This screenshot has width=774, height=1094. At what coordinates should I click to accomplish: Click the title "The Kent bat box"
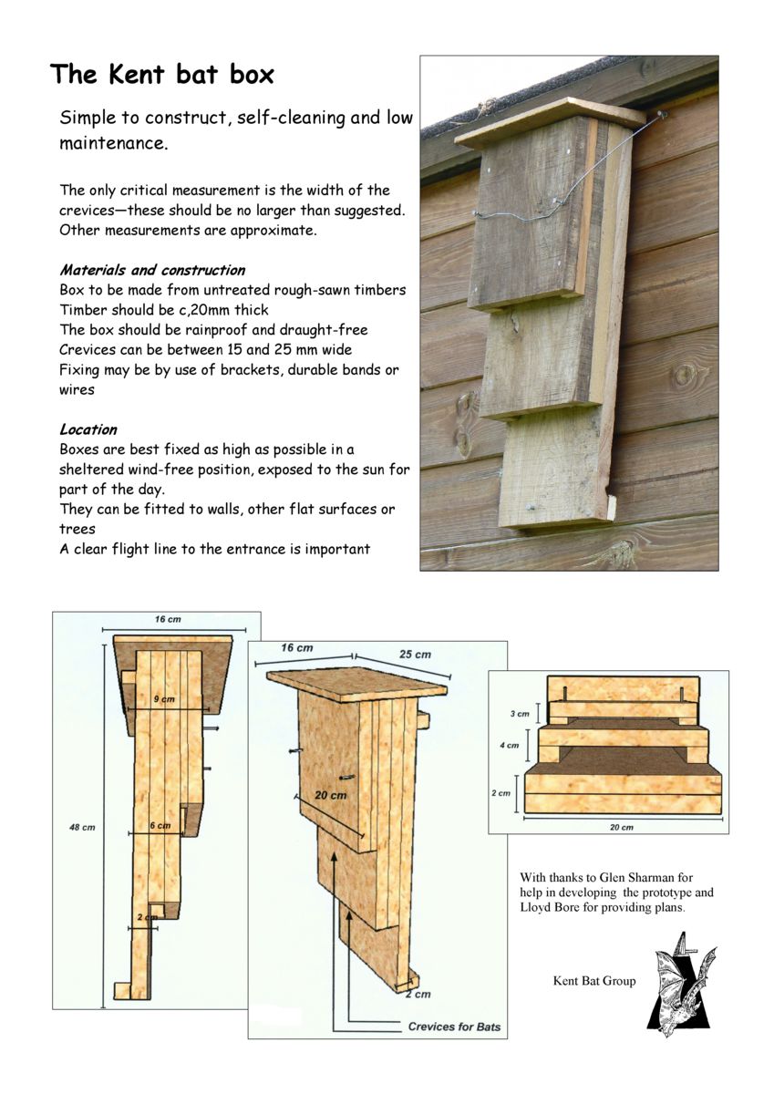point(161,74)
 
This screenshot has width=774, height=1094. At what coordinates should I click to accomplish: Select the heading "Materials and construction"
point(152,270)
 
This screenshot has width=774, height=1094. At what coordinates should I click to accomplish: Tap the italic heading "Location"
point(88,428)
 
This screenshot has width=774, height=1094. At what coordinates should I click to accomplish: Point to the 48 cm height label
point(81,827)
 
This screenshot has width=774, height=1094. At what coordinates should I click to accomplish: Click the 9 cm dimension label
point(164,698)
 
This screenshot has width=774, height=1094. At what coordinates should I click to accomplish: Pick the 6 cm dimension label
point(160,825)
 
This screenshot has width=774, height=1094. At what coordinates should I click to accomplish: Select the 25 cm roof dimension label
point(415,655)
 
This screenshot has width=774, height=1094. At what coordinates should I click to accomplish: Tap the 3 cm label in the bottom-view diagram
point(519,714)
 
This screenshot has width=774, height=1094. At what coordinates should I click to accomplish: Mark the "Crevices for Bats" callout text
point(453,1027)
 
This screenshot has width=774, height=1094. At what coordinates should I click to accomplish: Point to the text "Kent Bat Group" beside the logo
point(594,981)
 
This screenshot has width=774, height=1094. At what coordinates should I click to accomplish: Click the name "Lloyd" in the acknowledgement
point(538,908)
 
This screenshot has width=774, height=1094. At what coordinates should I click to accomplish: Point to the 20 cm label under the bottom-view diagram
point(621,827)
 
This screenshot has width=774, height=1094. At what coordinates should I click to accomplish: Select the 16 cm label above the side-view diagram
point(167,619)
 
